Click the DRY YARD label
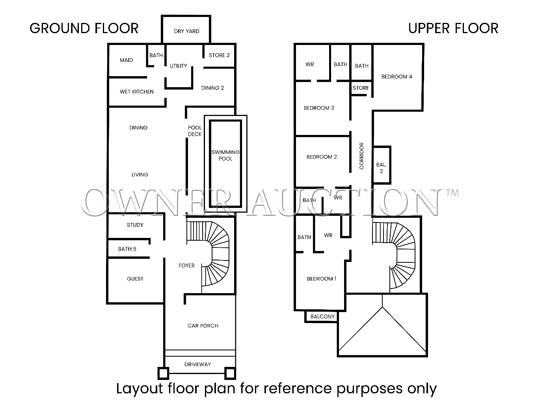[x=186, y=31]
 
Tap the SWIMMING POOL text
[x=225, y=155]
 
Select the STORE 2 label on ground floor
[x=219, y=55]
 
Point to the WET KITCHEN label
[x=136, y=92]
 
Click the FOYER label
[x=186, y=266]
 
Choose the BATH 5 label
[x=127, y=249]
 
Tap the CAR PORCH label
[x=203, y=325]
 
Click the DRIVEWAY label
[x=197, y=364]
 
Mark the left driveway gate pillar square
[x=163, y=373]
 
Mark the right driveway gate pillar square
[x=230, y=373]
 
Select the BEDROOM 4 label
[x=397, y=77]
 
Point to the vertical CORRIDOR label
[x=361, y=156]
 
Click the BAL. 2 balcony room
[x=382, y=165]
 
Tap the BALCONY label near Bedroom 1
[x=322, y=316]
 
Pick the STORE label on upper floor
[x=361, y=88]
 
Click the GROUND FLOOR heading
[x=84, y=28]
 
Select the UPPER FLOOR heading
[x=453, y=28]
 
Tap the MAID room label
[x=126, y=60]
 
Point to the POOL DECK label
[x=195, y=131]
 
